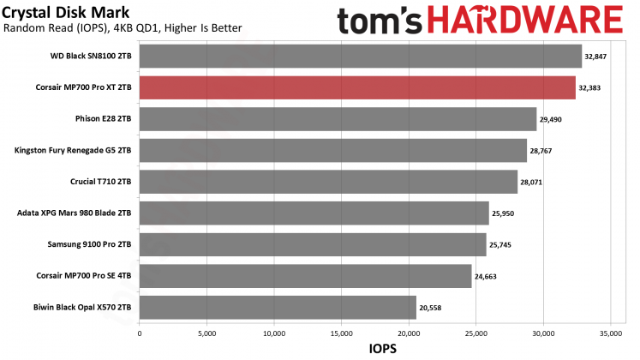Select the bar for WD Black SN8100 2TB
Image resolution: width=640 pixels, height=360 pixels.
(x=360, y=57)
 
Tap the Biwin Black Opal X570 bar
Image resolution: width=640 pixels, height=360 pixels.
(x=278, y=308)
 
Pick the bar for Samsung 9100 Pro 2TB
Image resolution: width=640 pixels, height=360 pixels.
(x=312, y=244)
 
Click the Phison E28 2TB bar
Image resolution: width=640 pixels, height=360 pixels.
(x=338, y=119)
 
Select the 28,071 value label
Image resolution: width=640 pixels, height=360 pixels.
(x=534, y=182)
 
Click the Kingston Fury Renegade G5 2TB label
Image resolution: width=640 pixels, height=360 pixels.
(x=73, y=150)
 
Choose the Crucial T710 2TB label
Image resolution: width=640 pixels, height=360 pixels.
(x=101, y=182)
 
